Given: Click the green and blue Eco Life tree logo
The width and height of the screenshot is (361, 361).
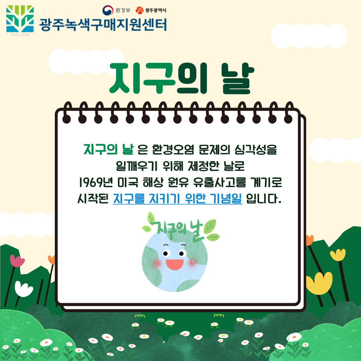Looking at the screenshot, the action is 20,19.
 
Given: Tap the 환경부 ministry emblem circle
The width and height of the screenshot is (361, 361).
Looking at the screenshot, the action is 108,10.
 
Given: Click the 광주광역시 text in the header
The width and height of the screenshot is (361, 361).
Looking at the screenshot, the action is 155,10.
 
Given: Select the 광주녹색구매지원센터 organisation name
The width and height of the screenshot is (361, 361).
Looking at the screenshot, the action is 103,25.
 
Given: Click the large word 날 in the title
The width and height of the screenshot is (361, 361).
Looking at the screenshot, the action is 238,79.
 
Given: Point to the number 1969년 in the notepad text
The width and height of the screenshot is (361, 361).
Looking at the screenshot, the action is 96,183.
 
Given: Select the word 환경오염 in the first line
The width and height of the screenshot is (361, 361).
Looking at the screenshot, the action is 173,150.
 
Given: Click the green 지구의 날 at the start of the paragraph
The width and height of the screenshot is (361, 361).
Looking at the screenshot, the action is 108,149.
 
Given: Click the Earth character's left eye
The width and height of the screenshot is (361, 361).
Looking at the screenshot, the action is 166,253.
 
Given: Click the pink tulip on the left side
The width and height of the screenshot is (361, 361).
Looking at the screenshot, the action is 17,261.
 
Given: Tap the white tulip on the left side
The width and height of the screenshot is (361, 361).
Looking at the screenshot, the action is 23,289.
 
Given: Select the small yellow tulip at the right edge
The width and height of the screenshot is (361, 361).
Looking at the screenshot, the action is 338,255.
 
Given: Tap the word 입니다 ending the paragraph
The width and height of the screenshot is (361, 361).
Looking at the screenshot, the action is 264,199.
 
